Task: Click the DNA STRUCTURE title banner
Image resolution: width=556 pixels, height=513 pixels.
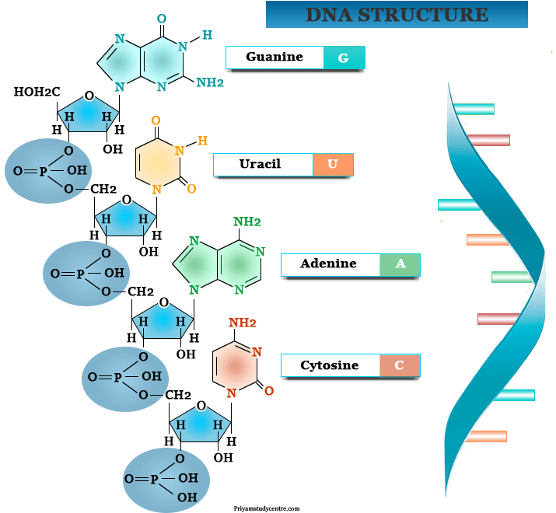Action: click(397, 15)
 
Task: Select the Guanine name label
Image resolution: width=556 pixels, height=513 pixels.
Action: click(275, 58)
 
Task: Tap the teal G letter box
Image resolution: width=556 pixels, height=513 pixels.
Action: click(344, 58)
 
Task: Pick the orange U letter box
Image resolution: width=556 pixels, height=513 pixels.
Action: click(333, 164)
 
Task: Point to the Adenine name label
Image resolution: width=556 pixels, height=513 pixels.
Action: click(330, 264)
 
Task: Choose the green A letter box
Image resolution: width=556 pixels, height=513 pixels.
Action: click(400, 264)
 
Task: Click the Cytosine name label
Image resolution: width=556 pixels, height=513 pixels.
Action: click(330, 365)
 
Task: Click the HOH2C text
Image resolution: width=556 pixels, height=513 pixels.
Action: click(37, 93)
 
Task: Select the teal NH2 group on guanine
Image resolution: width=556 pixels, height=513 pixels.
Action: click(210, 83)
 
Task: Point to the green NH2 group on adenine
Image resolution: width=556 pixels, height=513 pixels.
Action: click(247, 222)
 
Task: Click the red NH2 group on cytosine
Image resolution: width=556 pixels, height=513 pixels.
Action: click(242, 323)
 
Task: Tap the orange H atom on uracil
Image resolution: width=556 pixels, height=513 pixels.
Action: click(202, 141)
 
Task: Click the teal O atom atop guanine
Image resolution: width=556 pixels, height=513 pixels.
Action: click(160, 18)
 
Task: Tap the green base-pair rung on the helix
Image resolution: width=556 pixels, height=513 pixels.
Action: click(511, 277)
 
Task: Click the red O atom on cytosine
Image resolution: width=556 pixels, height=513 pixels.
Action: click(269, 391)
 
